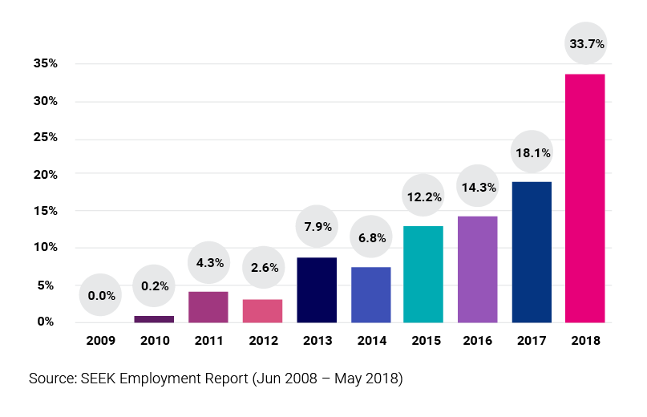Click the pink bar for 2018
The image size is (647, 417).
(x=585, y=197)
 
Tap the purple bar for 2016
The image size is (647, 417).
(x=478, y=269)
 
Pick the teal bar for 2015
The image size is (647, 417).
(x=424, y=273)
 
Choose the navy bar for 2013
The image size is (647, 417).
(x=316, y=289)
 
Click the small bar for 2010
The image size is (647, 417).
(x=154, y=318)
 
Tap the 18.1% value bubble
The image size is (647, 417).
(x=532, y=152)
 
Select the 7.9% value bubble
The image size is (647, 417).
(x=316, y=228)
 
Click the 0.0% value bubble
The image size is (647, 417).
(x=101, y=296)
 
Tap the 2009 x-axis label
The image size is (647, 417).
(x=100, y=341)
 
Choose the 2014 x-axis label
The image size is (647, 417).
(x=370, y=341)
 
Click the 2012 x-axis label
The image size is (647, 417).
(x=262, y=341)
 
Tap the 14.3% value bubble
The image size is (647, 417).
(x=478, y=187)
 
